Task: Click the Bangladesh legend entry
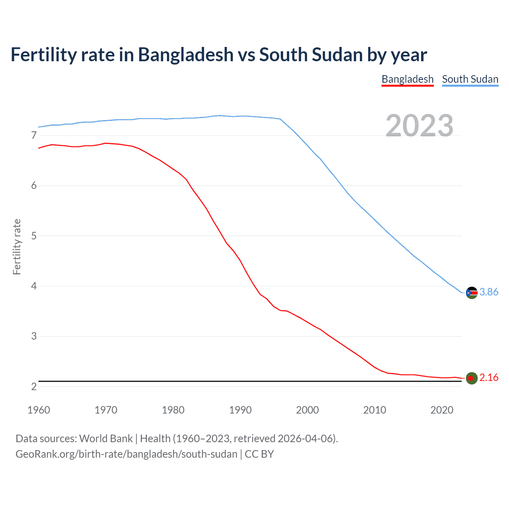coord(407,79)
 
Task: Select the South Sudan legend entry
coord(470,79)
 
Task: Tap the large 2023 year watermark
coord(420,126)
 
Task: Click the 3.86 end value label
coord(489,292)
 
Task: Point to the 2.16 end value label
coord(489,378)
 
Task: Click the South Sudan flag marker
coord(472,293)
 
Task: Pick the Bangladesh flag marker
coord(472,378)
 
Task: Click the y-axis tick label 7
coord(34,136)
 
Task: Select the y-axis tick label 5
coord(34,236)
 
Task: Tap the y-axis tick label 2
coord(34,387)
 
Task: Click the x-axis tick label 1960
coord(39,410)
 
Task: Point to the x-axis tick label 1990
coord(240,410)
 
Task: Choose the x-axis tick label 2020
coord(442,410)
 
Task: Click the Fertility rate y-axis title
coord(17,247)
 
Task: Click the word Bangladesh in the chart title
coord(186,55)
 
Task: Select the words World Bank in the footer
coord(106,439)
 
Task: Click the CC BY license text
coord(259,454)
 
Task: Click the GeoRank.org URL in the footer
coord(126,454)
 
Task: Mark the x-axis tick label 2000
coord(307,410)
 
